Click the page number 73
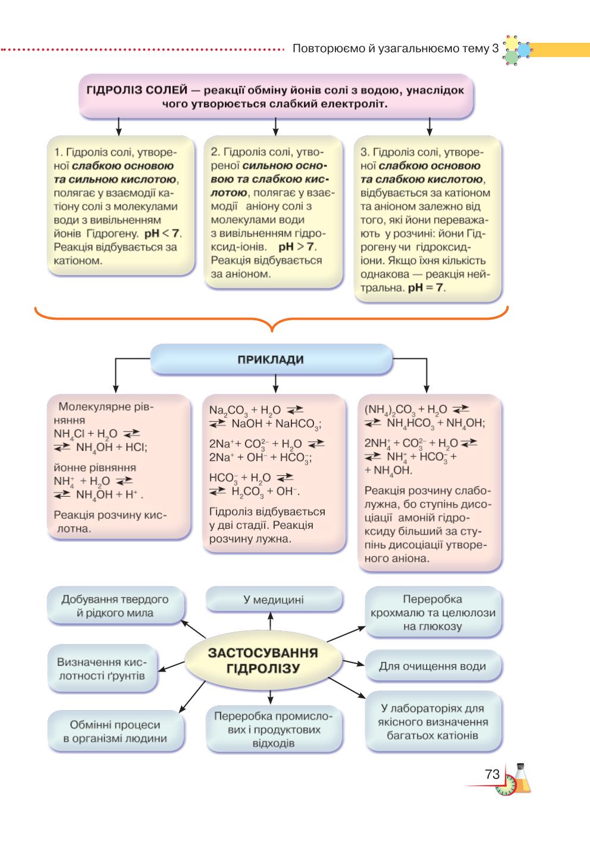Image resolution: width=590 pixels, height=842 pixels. (492, 774)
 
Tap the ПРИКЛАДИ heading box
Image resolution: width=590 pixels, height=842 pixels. (271, 359)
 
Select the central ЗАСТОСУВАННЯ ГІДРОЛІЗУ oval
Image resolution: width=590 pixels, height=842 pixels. (263, 660)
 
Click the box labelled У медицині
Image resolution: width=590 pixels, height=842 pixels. (274, 599)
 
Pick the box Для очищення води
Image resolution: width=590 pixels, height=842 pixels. (433, 666)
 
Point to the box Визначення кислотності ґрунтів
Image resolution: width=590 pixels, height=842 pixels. (102, 668)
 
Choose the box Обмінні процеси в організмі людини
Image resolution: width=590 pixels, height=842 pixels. (115, 731)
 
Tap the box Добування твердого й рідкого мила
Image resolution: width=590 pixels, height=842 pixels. (115, 606)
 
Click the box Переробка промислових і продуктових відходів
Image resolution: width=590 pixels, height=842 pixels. (274, 729)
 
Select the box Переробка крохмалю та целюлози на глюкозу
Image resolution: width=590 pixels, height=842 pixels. (433, 612)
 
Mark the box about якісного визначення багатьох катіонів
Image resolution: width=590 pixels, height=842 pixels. (433, 722)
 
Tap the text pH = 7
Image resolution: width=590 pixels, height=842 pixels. (425, 288)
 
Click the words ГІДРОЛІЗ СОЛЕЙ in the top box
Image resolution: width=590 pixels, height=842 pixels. (137, 90)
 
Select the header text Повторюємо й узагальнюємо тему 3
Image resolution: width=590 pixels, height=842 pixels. (396, 49)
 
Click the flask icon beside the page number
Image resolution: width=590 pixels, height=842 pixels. (522, 778)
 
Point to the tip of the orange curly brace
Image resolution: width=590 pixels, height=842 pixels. (272, 332)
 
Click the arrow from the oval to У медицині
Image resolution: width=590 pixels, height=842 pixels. (271, 622)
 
